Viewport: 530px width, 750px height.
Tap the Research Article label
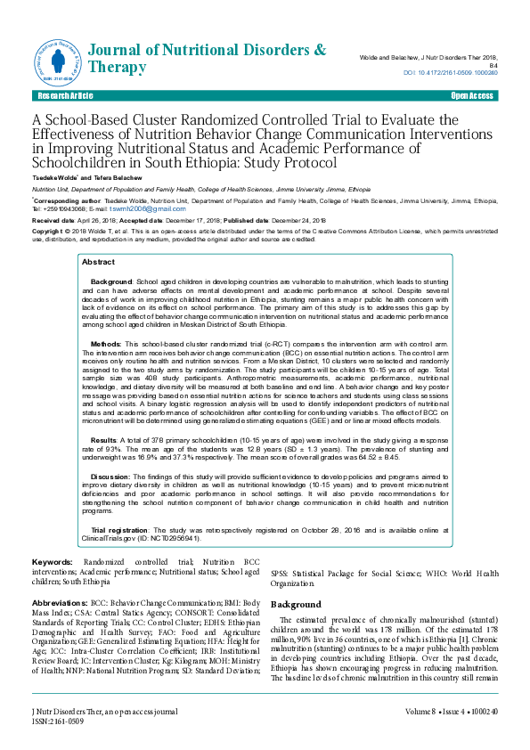tap(60, 94)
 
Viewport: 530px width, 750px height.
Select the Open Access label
tap(472, 94)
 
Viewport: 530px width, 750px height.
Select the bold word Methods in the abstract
tap(106, 342)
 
